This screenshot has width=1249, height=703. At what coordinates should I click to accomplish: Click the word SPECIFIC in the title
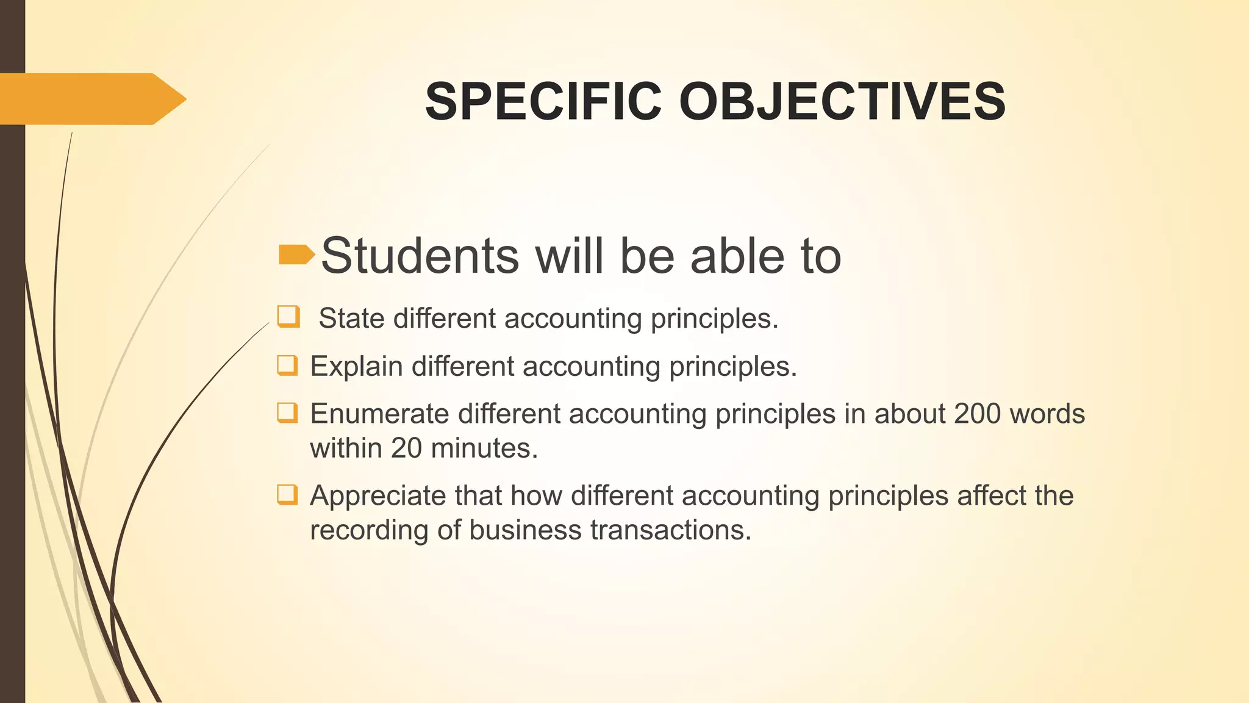543,101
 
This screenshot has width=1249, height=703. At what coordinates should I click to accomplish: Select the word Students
420,256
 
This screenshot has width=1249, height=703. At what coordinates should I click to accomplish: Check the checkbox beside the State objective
288,317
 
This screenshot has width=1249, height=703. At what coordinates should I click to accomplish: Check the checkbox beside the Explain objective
287,365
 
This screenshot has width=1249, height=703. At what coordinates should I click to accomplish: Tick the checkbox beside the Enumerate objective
287,413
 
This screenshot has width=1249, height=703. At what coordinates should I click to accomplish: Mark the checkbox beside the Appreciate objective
287,494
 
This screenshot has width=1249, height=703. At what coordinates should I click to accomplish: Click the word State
351,319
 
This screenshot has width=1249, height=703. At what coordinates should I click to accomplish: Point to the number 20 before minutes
406,449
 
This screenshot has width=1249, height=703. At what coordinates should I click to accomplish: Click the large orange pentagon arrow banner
91,99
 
